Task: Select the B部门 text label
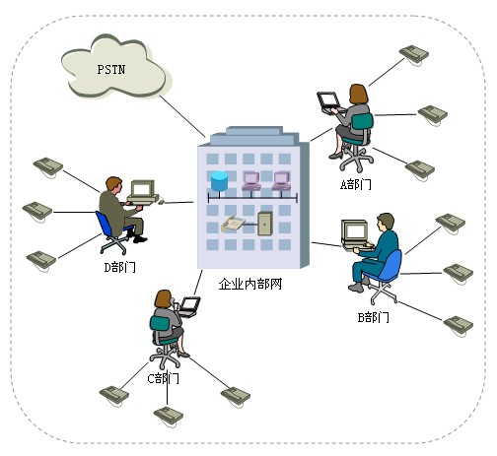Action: point(373,317)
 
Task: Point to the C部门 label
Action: point(164,378)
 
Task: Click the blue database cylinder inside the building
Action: point(219,181)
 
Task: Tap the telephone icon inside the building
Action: point(233,223)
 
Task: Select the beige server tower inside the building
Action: point(264,223)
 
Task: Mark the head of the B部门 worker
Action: point(386,222)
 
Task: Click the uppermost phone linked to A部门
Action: point(413,53)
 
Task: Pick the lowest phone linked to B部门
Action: point(457,324)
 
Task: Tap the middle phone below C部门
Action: point(169,414)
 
